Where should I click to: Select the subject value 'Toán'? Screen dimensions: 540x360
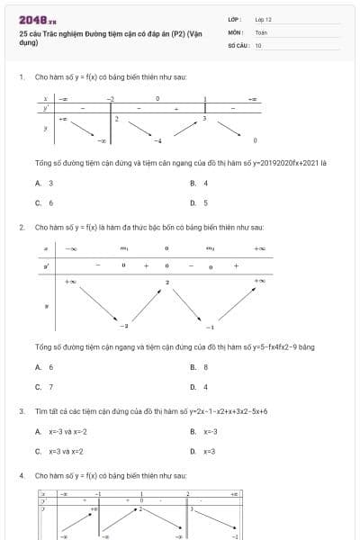pyautogui.click(x=261, y=31)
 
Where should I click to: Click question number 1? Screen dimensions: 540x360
pyautogui.click(x=21, y=77)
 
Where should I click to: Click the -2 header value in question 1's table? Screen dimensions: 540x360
pyautogui.click(x=111, y=98)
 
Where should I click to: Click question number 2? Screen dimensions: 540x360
pyautogui.click(x=21, y=227)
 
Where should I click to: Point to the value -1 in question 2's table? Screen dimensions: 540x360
pyautogui.click(x=210, y=327)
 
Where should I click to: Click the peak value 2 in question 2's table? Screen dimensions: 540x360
pyautogui.click(x=167, y=283)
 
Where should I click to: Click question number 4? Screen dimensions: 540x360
pyautogui.click(x=21, y=474)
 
